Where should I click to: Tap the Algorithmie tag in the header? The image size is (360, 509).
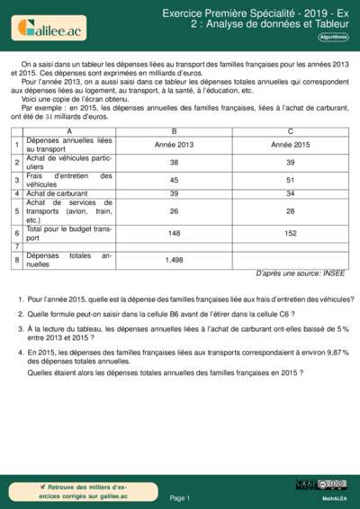332,37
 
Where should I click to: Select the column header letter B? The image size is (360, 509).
174,132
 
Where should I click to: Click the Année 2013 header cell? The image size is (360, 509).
174,145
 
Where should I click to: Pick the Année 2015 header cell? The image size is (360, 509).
290,145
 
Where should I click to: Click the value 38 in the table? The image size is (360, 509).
174,162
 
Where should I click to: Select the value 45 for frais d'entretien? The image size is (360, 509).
174,180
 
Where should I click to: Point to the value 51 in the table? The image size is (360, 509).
290,180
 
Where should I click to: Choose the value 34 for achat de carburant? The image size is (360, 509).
290,193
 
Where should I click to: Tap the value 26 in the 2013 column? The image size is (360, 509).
174,211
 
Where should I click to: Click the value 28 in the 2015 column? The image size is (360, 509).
290,211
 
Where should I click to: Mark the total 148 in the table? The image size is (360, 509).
174,234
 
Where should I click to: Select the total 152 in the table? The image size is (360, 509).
290,234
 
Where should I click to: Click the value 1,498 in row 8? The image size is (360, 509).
174,260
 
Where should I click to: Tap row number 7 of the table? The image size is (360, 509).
17,246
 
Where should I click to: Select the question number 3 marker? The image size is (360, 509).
20,330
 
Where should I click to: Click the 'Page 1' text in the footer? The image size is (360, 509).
179,497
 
